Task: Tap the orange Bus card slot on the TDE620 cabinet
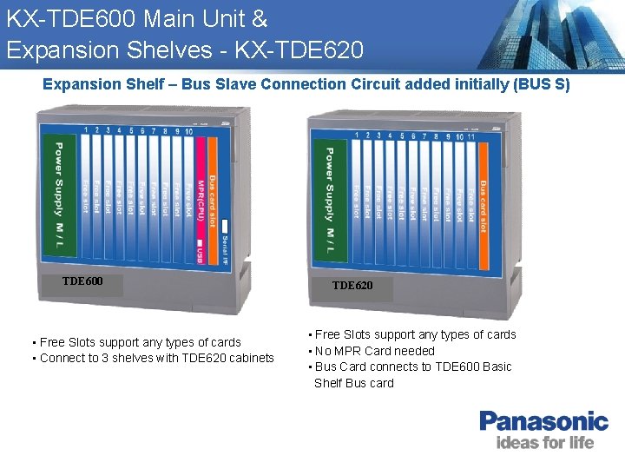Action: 483,197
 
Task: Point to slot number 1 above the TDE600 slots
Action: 86,130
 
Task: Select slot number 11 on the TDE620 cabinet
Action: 470,135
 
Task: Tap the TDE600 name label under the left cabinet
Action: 82,281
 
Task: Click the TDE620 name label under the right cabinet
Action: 352,286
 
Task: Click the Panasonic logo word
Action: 544,422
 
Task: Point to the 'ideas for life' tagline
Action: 545,443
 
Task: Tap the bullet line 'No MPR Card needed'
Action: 374,351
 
